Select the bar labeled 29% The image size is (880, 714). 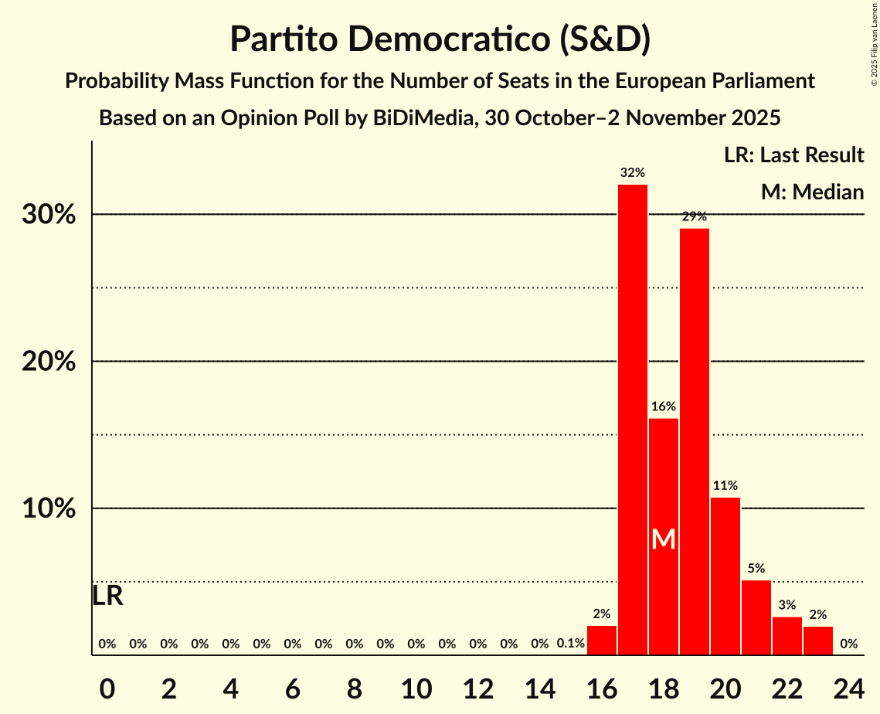pyautogui.click(x=695, y=441)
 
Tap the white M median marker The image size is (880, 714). pyautogui.click(x=663, y=539)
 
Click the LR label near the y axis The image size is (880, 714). pyautogui.click(x=107, y=596)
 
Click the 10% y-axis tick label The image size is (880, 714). pyautogui.click(x=49, y=508)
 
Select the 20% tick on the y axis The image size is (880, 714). pyautogui.click(x=49, y=362)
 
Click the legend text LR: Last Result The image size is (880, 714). pyautogui.click(x=793, y=155)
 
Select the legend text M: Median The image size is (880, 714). pyautogui.click(x=812, y=192)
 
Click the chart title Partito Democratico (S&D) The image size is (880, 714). pyautogui.click(x=440, y=39)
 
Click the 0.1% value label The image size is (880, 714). pyautogui.click(x=570, y=644)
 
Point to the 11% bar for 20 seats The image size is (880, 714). pyautogui.click(x=725, y=576)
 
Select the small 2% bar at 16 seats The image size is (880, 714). pyautogui.click(x=602, y=641)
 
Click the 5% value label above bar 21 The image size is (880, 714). pyautogui.click(x=756, y=568)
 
